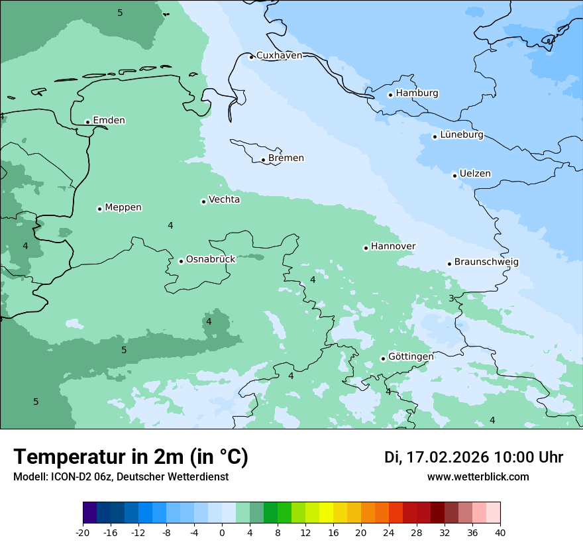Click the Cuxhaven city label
pos(279,56)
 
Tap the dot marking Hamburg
pos(390,95)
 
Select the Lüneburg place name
pos(462,135)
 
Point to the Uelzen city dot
pos(454,176)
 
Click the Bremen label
pos(286,158)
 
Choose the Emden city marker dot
pos(87,122)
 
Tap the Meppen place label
pos(123,207)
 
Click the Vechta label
pos(225,199)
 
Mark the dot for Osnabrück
pos(181,261)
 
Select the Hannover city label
pos(393,247)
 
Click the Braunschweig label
pos(486,262)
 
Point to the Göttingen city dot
pos(383,358)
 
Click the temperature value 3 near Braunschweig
pos(451,299)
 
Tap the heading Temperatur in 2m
pos(131,457)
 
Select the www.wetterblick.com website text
pos(478,477)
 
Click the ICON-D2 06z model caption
pos(121,477)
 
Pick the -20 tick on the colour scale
pos(83,533)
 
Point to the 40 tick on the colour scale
pos(500,533)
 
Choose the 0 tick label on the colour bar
pos(222,533)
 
